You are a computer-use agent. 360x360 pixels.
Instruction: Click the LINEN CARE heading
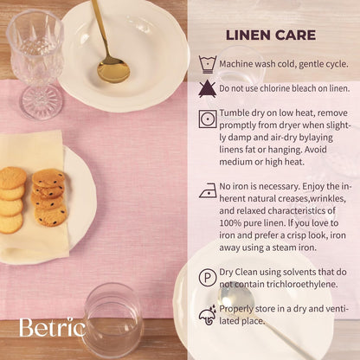coord(271,35)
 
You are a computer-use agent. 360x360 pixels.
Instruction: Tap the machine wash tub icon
coord(208,65)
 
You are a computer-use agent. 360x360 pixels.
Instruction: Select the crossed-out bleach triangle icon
coord(207,89)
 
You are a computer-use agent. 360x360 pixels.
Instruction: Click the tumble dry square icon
coord(208,119)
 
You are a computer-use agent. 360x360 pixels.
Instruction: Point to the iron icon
coord(208,190)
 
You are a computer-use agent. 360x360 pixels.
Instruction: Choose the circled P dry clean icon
coord(208,277)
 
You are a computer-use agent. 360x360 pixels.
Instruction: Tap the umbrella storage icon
coord(208,315)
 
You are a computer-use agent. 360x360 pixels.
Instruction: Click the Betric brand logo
coord(53,327)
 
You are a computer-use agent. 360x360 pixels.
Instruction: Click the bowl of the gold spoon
coord(113,69)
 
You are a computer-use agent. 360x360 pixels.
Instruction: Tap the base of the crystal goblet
coord(42,101)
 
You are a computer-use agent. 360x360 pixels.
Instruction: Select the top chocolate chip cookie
coord(48,178)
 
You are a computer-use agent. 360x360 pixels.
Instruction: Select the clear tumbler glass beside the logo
coord(112,320)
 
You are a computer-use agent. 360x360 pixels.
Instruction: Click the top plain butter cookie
coord(13,177)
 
